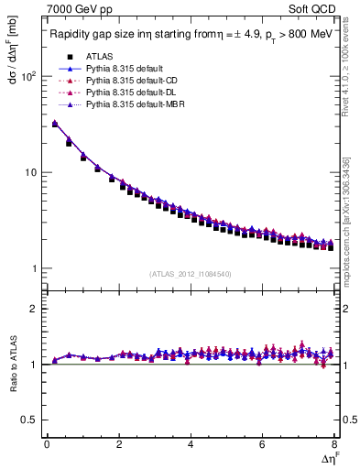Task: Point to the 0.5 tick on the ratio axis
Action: pyautogui.click(x=31, y=420)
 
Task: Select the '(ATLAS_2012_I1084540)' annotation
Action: pyautogui.click(x=191, y=274)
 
